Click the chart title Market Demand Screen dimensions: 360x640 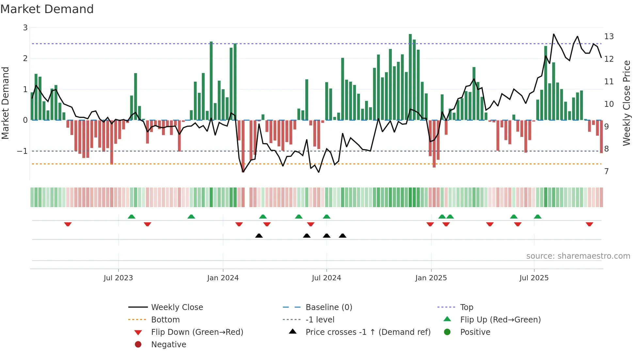[47, 9]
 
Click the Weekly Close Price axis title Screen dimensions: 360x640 [626, 103]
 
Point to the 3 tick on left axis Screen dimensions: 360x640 [25, 28]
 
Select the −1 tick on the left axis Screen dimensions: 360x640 [23, 151]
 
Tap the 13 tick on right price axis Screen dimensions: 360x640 [609, 37]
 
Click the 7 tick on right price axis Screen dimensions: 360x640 [606, 172]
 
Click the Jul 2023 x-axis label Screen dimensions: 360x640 [118, 278]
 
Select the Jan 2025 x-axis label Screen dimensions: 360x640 [431, 278]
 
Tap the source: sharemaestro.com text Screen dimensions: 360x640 [578, 256]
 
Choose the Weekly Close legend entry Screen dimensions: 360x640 [177, 307]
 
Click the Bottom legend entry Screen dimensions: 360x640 [165, 320]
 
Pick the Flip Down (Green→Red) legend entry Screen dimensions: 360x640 [197, 332]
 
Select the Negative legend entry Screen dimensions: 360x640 [168, 345]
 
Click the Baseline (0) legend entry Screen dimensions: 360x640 [328, 307]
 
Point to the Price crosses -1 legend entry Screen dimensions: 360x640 [368, 332]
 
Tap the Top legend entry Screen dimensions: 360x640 [466, 307]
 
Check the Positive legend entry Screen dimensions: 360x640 [475, 332]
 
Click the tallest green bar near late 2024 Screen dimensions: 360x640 [410, 77]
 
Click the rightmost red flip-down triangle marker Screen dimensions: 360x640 [589, 224]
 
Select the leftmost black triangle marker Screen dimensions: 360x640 [259, 236]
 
